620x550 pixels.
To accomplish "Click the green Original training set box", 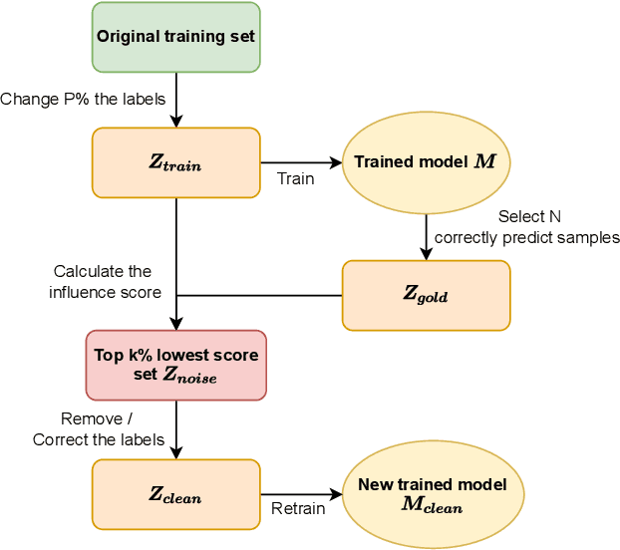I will [175, 37].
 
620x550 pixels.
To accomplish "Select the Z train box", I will [175, 162].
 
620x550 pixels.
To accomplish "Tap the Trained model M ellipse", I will [426, 161].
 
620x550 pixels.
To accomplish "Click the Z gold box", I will [426, 295].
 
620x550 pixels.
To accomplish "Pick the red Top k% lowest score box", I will [175, 365].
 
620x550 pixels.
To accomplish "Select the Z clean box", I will [175, 494].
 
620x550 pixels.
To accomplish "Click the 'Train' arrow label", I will [295, 179].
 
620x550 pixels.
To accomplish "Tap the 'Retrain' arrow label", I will [298, 509].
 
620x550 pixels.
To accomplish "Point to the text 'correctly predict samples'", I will [526, 237].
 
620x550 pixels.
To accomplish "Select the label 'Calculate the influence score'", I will [103, 281].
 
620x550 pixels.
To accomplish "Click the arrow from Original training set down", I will [175, 99].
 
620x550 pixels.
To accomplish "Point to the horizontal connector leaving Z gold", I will [259, 295].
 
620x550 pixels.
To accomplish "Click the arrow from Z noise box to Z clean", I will [175, 428].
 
